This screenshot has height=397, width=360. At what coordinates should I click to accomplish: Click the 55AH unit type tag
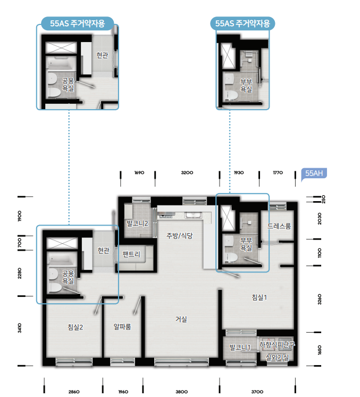pyautogui.click(x=314, y=173)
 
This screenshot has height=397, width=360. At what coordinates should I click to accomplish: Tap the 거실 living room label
pyautogui.click(x=181, y=319)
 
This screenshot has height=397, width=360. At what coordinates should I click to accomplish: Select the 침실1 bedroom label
pyautogui.click(x=259, y=297)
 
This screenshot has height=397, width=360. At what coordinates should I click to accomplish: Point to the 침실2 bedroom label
pyautogui.click(x=76, y=327)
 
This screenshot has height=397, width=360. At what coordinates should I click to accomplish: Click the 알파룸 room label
pyautogui.click(x=122, y=327)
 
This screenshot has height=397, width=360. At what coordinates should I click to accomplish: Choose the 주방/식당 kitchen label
pyautogui.click(x=179, y=236)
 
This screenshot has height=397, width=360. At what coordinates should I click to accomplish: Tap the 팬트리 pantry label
pyautogui.click(x=131, y=254)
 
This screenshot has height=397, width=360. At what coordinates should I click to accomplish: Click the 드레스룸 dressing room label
pyautogui.click(x=279, y=226)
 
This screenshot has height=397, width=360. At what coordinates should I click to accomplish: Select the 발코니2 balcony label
pyautogui.click(x=137, y=224)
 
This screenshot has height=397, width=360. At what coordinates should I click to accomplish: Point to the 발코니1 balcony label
pyautogui.click(x=240, y=348)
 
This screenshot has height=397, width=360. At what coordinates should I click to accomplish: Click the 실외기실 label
pyautogui.click(x=277, y=357)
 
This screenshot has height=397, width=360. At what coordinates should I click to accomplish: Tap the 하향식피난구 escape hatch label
pyautogui.click(x=277, y=345)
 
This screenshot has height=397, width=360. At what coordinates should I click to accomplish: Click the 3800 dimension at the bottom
pyautogui.click(x=182, y=392)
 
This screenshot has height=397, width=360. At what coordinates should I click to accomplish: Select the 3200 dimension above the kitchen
pyautogui.click(x=187, y=172)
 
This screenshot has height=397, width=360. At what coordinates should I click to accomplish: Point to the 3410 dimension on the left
pyautogui.click(x=20, y=328)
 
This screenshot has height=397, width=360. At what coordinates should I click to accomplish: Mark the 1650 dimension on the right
pyautogui.click(x=320, y=350)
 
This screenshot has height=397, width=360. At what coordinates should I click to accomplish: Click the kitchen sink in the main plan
pyautogui.click(x=193, y=215)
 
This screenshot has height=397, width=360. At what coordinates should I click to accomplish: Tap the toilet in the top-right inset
pyautogui.click(x=231, y=95)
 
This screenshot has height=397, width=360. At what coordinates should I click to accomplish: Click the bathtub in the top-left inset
pyautogui.click(x=62, y=63)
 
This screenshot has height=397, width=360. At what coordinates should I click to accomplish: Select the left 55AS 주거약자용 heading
pyautogui.click(x=77, y=23)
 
